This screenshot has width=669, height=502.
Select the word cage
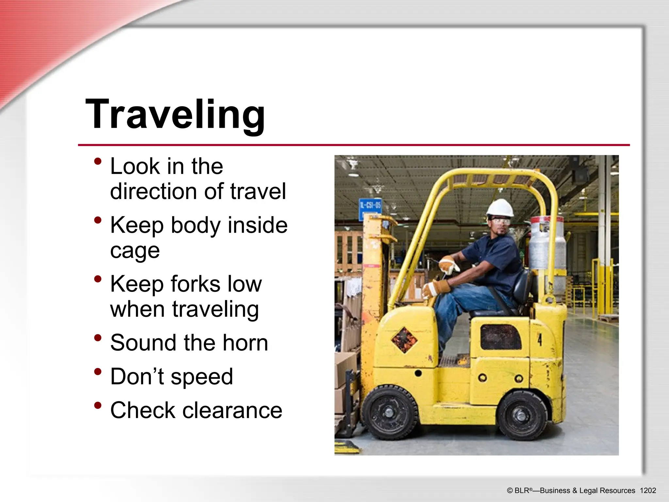[135, 251]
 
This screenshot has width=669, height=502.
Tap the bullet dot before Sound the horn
[97, 338]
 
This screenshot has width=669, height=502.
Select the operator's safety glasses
[500, 222]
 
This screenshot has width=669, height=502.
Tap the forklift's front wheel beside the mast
[389, 412]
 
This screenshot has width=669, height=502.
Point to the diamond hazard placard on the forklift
[404, 340]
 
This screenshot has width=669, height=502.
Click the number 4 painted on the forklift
[540, 340]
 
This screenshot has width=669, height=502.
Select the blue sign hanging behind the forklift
[370, 207]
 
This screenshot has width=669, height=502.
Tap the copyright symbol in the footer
[510, 491]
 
